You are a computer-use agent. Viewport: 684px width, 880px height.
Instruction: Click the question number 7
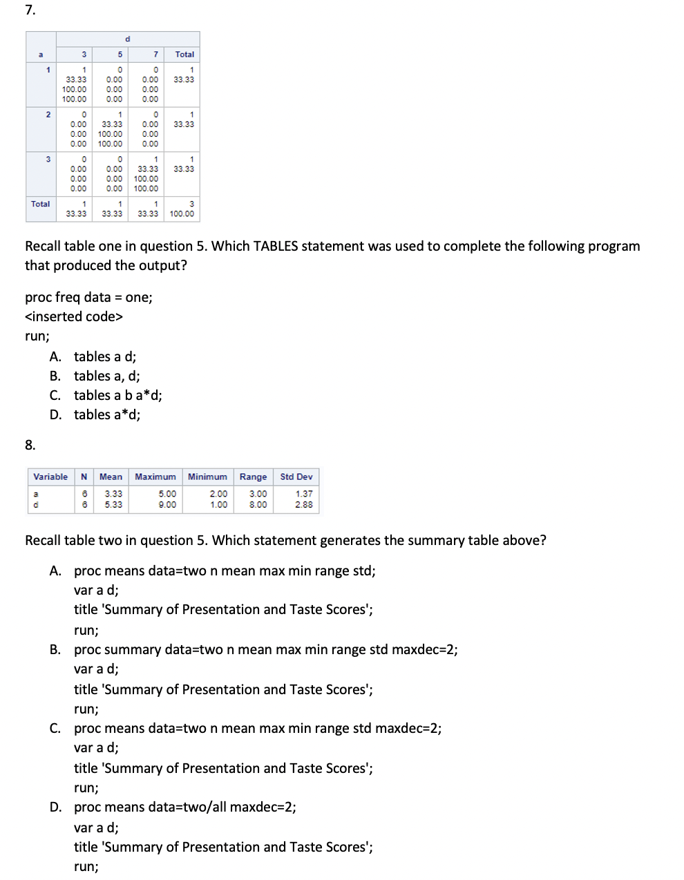30,10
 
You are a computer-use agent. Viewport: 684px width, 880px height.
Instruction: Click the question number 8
30,445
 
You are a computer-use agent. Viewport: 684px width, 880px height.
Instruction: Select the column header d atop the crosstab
128,39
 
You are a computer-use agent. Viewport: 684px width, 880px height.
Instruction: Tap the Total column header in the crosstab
184,55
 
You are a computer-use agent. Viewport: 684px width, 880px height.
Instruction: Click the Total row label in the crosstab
41,204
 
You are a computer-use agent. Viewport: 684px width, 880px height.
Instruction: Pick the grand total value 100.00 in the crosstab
182,214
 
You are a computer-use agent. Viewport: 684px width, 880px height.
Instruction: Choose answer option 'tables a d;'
105,356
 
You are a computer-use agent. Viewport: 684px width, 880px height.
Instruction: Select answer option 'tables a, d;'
106,376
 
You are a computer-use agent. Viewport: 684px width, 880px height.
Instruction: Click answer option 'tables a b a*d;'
117,395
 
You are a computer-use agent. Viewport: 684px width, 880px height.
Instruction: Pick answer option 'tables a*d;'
107,414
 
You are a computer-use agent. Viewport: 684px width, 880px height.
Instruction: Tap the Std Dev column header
296,477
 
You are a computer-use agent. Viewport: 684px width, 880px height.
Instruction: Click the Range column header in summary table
253,477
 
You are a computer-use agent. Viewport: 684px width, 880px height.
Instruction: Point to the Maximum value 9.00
167,505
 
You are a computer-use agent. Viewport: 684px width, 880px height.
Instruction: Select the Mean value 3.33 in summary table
113,494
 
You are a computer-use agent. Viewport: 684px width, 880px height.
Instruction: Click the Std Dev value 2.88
304,505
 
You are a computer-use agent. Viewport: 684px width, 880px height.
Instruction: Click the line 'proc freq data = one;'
88,297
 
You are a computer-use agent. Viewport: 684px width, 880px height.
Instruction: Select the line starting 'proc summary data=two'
265,649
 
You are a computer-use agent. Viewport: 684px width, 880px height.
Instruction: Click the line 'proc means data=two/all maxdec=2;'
184,807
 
